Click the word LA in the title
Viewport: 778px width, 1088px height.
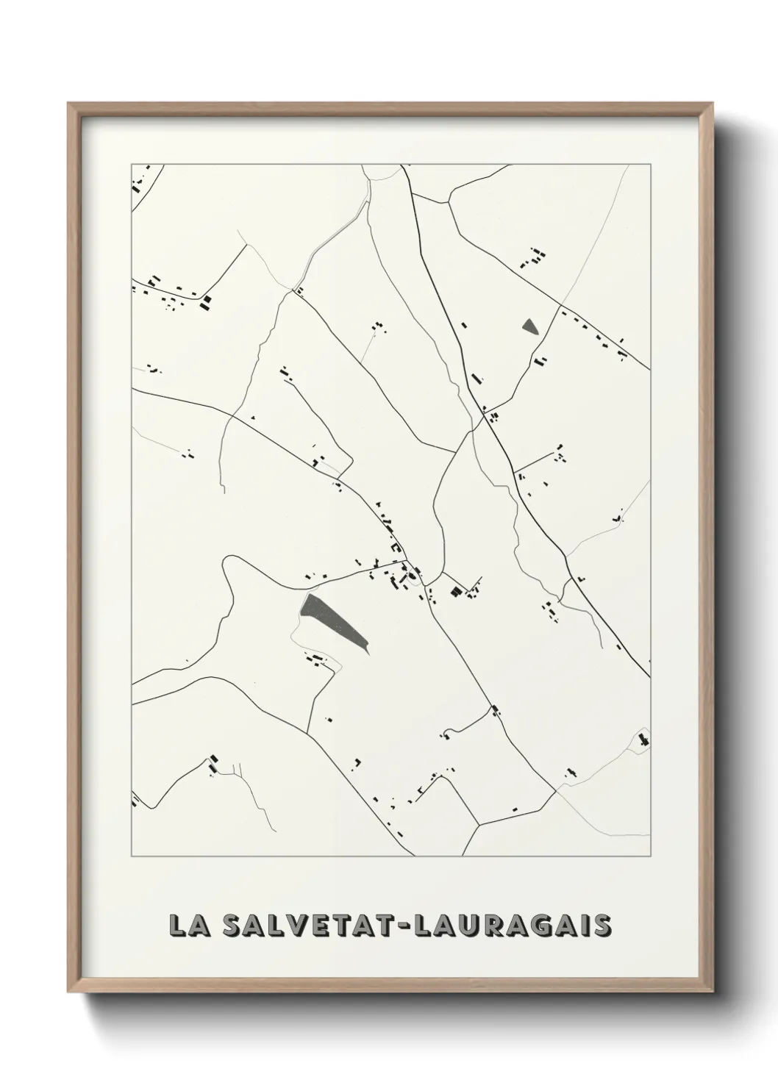coord(185,926)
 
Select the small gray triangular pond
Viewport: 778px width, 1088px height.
coord(529,326)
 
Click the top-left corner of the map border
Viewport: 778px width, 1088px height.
coord(132,164)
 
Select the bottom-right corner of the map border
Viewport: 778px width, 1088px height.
coord(650,856)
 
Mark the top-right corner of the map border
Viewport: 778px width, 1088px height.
coord(650,164)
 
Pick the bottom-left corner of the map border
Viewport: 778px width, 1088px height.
coord(132,856)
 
